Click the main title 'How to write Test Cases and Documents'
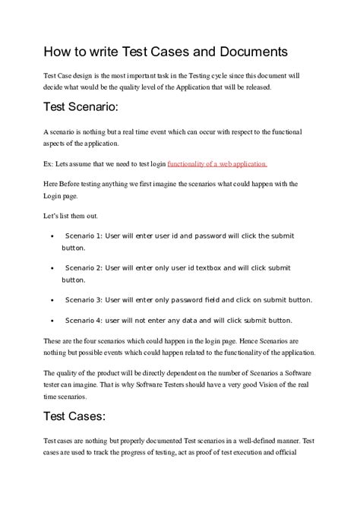[166, 52]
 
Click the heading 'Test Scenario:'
[91, 107]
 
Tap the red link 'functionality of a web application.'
[217, 163]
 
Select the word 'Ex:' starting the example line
[49, 163]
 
